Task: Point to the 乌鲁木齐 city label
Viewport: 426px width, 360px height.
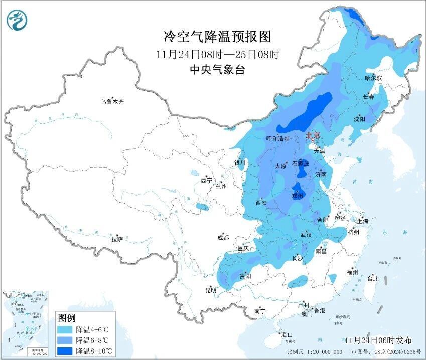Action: pos(111,102)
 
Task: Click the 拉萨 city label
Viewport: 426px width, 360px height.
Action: pos(117,239)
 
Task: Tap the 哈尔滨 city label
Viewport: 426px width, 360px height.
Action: pos(373,78)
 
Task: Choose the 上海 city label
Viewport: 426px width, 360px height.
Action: pos(363,221)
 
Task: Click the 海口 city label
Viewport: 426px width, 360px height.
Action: pos(287,334)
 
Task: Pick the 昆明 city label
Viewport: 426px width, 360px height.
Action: pos(210,290)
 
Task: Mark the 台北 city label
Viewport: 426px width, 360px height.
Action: pos(372,279)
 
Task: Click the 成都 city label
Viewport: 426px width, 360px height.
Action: pos(223,238)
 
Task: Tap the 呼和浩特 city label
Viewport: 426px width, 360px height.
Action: pos(277,139)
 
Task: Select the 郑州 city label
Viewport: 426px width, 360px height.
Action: pos(298,196)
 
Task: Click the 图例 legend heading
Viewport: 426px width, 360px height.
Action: pos(67,318)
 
